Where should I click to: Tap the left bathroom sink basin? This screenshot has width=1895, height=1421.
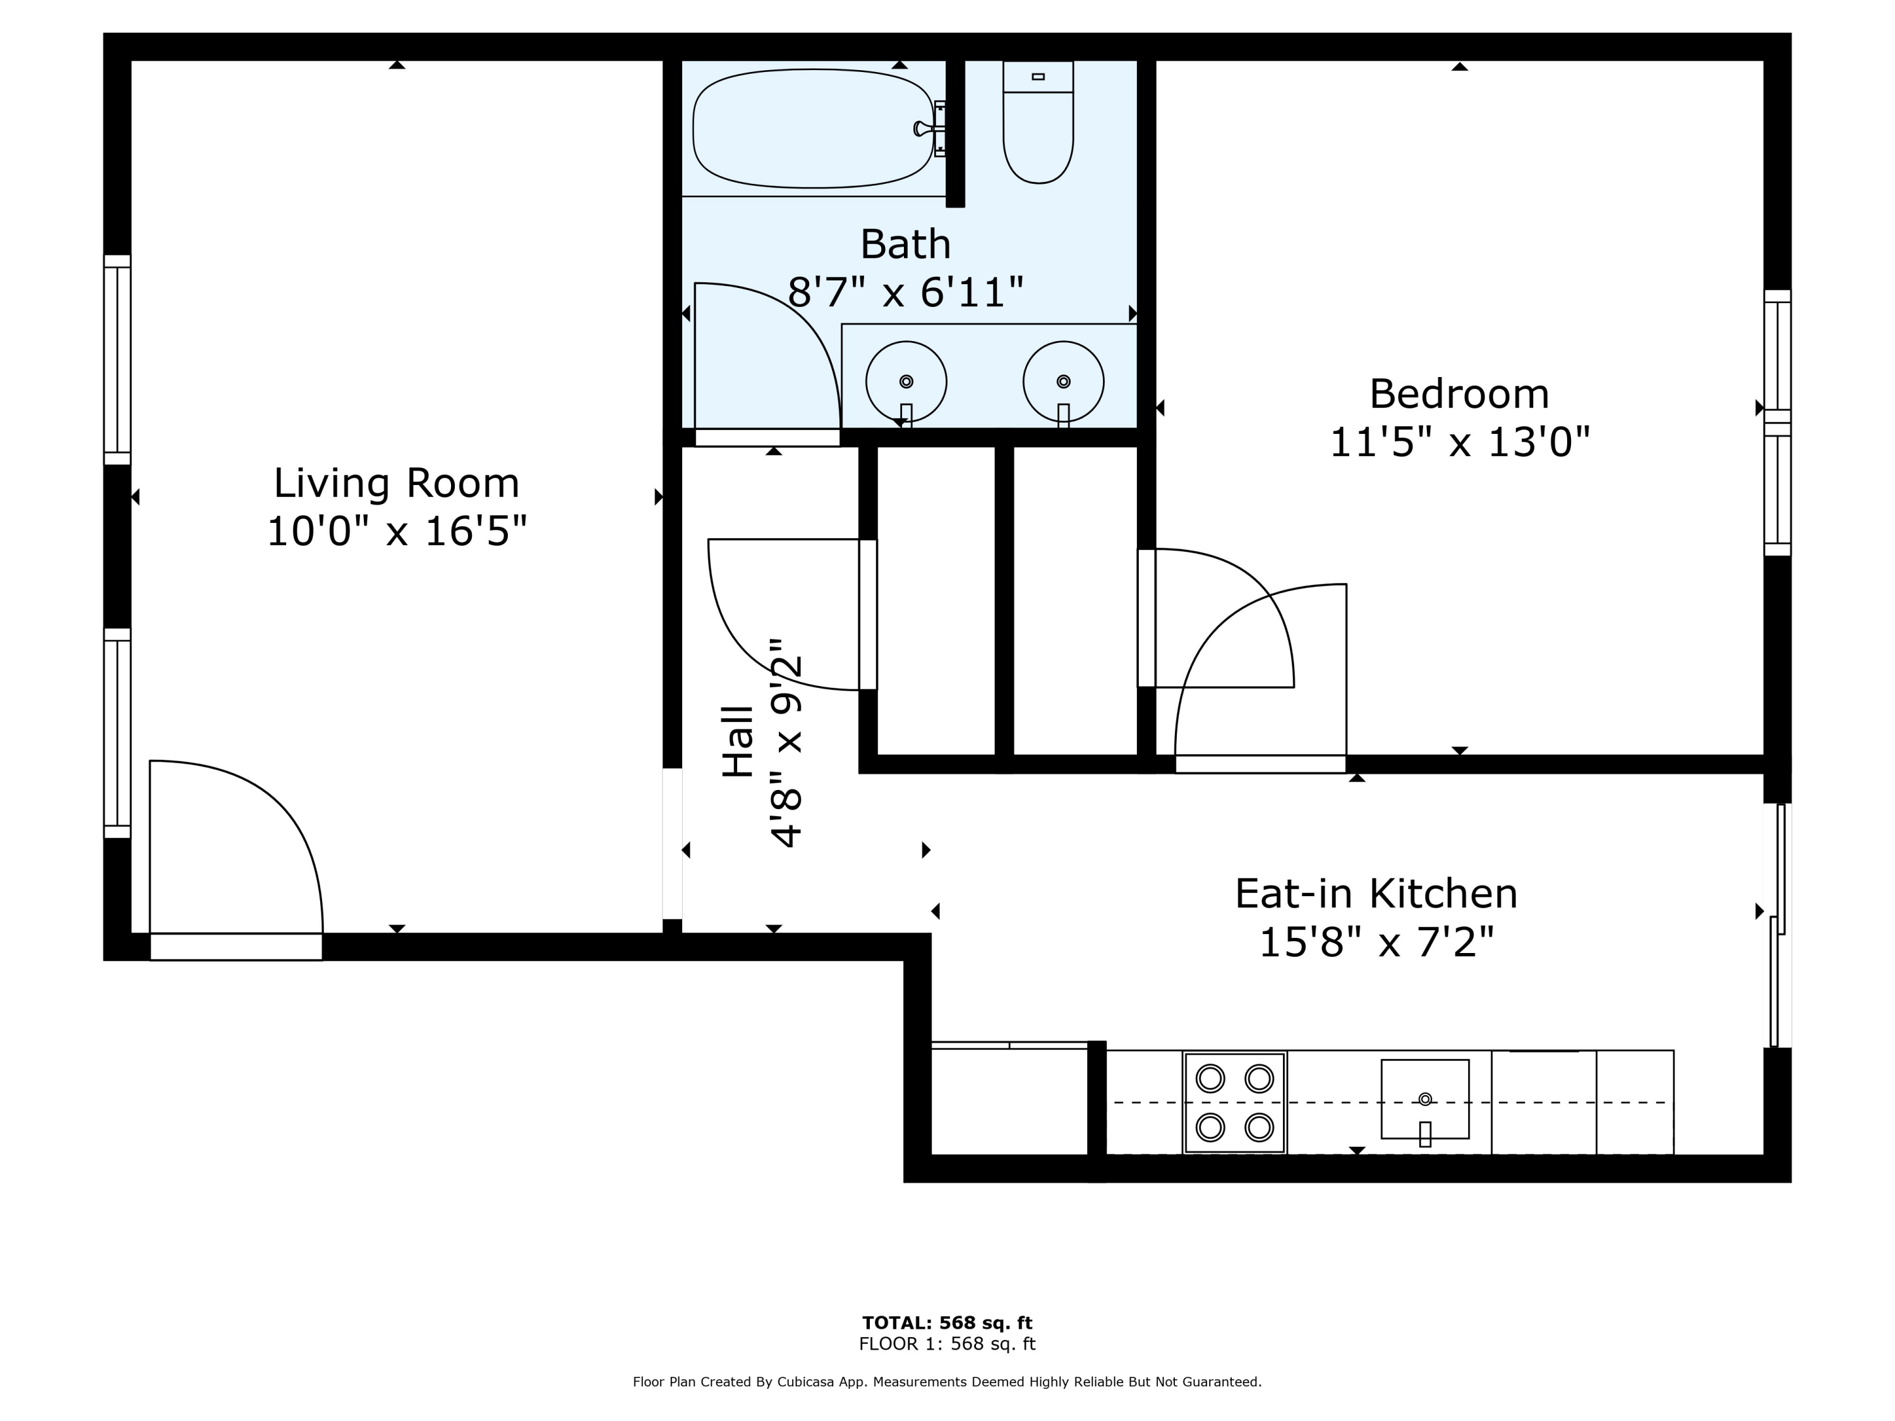pos(906,382)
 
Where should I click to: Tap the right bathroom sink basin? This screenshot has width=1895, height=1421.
pos(1063,382)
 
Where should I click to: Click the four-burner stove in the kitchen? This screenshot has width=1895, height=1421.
pos(1234,1102)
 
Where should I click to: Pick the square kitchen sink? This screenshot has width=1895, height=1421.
pos(1424,1099)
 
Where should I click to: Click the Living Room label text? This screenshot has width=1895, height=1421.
pos(396,484)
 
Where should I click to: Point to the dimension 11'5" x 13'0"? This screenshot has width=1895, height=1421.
pos(1459,443)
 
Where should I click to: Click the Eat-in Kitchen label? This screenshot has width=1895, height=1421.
pos(1376,894)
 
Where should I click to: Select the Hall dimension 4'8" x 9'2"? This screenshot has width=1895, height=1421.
pos(786,743)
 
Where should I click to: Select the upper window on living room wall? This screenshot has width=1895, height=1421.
pos(117,360)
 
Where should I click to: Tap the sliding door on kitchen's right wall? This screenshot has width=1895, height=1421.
pos(1779,925)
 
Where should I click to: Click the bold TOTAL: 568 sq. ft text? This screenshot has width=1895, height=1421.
pos(947,1322)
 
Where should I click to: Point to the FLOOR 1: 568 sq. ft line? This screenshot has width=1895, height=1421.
pos(947,1344)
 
